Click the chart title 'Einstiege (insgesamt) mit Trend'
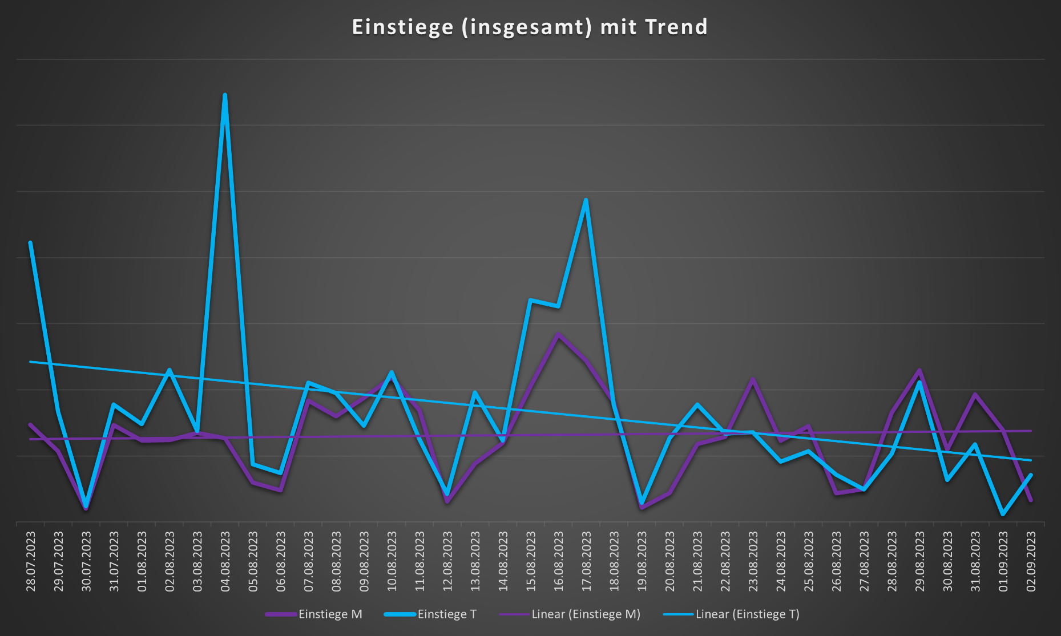[x=530, y=27]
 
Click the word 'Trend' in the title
[x=677, y=27]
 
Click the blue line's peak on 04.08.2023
[x=225, y=95]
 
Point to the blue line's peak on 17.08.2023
[x=586, y=200]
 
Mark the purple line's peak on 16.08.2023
[x=558, y=334]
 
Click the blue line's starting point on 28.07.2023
[x=30, y=242]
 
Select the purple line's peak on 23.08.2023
[x=753, y=379]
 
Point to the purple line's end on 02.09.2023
[x=1031, y=500]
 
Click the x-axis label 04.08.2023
[x=225, y=561]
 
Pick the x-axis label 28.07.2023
[x=30, y=561]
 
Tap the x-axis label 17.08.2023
[x=586, y=561]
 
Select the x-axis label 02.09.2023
[x=1031, y=561]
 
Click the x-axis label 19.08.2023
[x=642, y=561]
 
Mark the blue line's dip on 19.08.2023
[x=642, y=503]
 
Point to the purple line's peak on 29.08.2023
[x=919, y=370]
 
